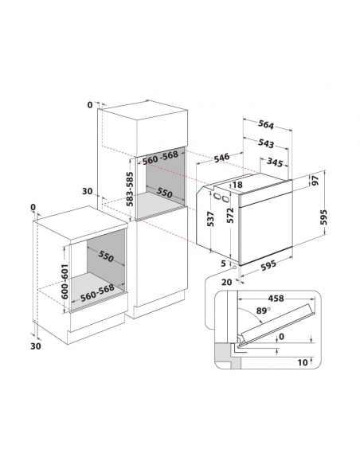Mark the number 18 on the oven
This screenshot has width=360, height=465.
237,186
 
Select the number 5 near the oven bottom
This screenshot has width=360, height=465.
225,264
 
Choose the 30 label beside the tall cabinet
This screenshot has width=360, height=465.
88,191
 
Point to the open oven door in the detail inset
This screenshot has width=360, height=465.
280,319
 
